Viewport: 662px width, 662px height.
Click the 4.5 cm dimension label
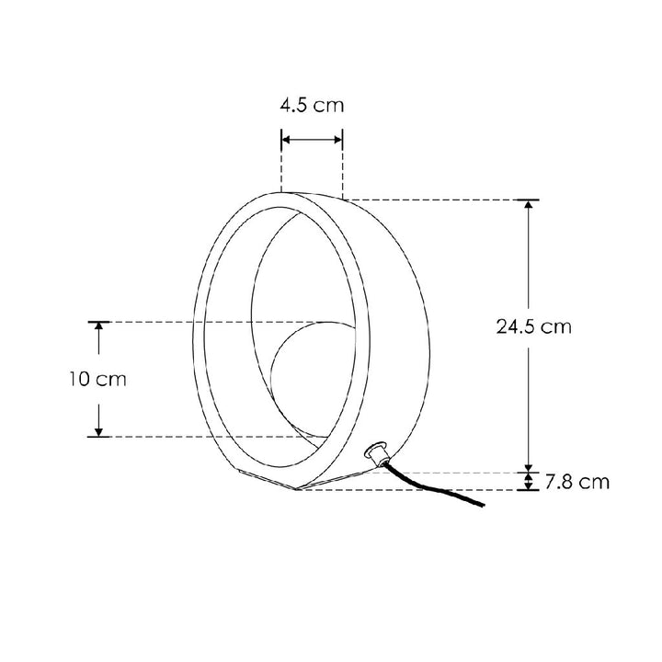312,105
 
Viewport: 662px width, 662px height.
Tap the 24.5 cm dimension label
533,326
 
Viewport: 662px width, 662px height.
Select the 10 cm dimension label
98,379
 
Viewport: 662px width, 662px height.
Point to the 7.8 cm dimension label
576,482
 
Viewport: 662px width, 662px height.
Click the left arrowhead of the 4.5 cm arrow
286,140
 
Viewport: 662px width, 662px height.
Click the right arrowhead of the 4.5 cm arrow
338,140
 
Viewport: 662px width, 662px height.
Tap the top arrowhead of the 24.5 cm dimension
529,204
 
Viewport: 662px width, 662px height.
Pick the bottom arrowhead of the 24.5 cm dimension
529,467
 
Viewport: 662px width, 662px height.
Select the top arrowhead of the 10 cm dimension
98,326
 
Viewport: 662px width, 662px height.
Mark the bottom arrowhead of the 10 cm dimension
98,432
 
